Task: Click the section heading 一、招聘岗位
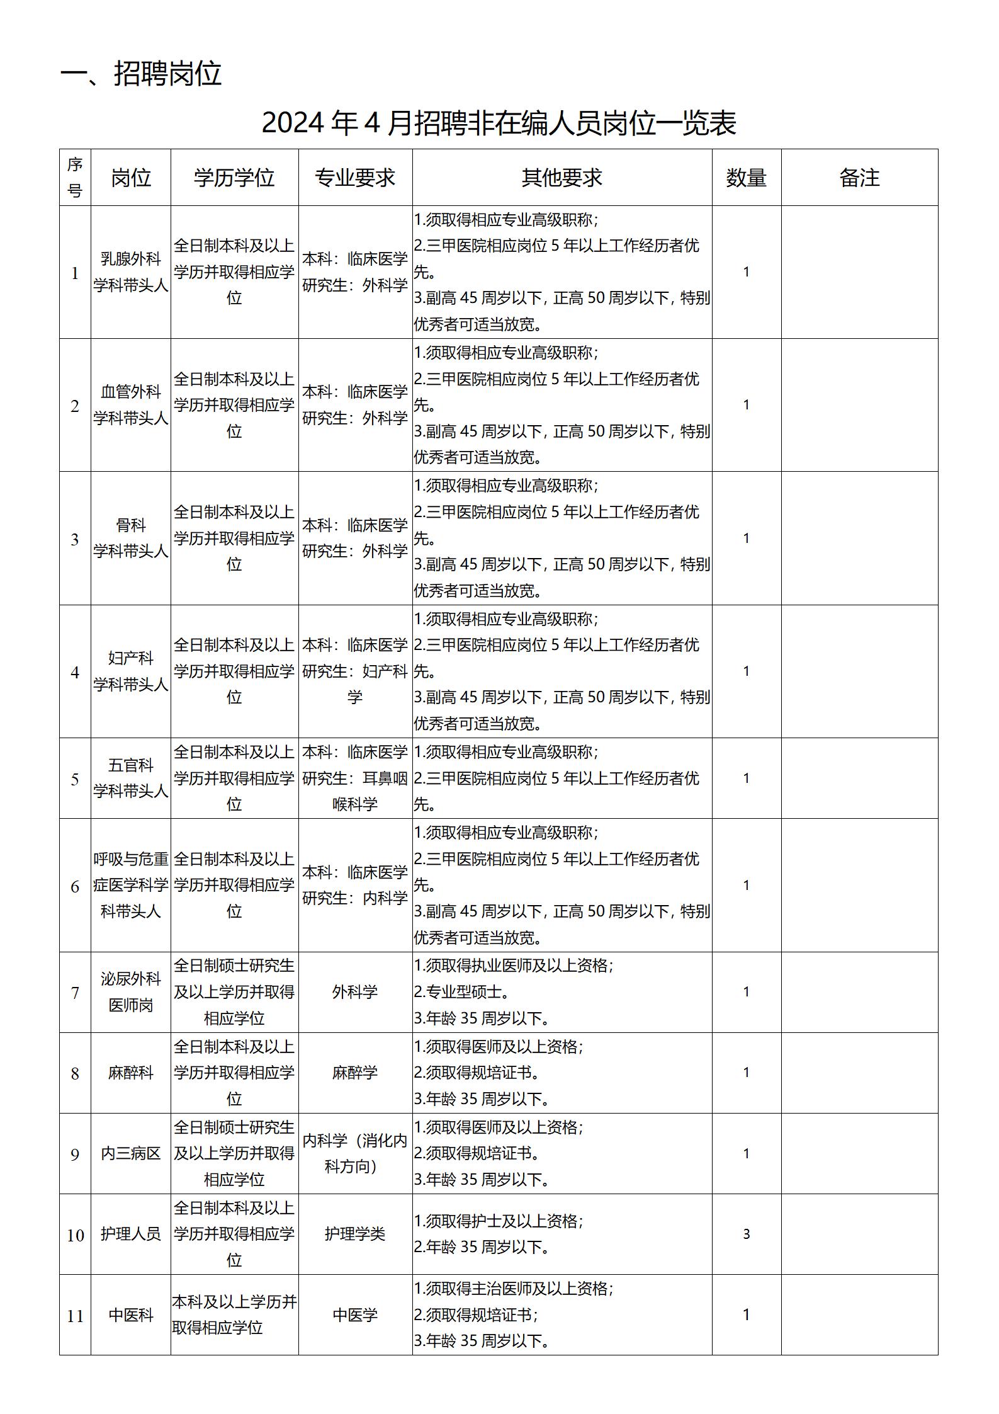(x=141, y=74)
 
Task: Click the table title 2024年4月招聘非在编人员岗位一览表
(x=499, y=123)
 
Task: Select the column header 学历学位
(x=234, y=178)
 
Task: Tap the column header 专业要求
(x=355, y=178)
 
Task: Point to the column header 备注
(x=859, y=178)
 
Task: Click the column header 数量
(x=746, y=178)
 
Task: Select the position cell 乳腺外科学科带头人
(x=131, y=272)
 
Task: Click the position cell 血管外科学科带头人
(x=131, y=405)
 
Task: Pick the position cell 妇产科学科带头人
(x=131, y=671)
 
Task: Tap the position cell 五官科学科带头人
(x=131, y=778)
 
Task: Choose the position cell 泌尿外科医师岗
(x=131, y=992)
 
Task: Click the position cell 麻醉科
(x=131, y=1073)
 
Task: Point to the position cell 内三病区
(x=131, y=1153)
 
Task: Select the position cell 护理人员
(x=131, y=1234)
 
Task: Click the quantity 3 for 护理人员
(x=746, y=1234)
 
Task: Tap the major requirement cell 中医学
(x=355, y=1314)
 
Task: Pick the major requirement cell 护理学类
(x=355, y=1234)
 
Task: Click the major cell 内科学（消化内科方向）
(x=355, y=1153)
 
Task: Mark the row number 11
(x=75, y=1316)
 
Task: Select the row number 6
(x=75, y=886)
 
